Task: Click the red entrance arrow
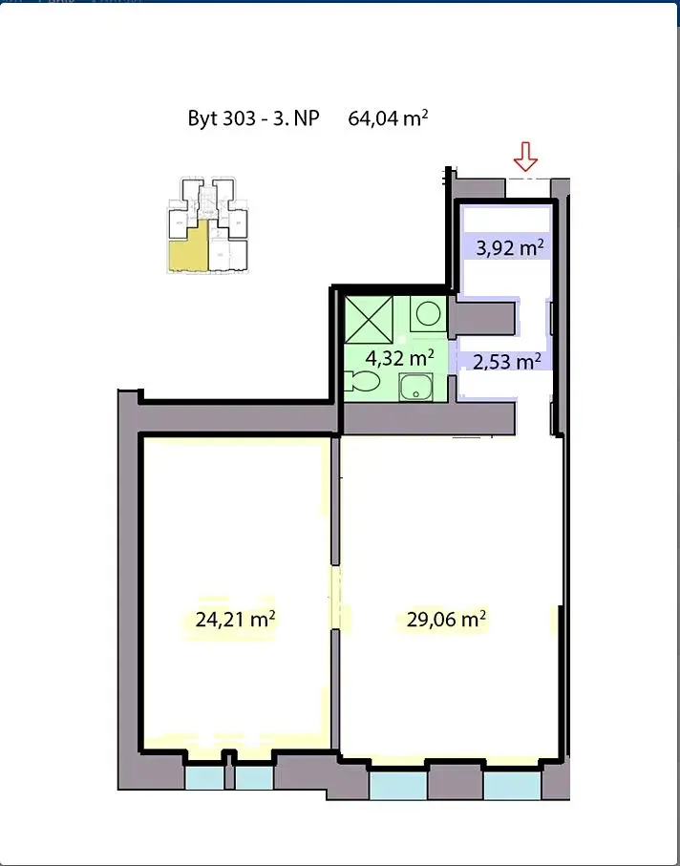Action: click(x=525, y=157)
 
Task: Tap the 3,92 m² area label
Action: click(x=510, y=248)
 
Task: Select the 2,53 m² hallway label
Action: click(x=506, y=362)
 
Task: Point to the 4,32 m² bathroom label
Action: click(x=399, y=358)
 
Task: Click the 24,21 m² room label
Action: click(x=235, y=619)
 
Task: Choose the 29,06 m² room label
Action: click(x=446, y=619)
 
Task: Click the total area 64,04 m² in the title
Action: click(x=389, y=118)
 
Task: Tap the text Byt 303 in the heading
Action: click(x=222, y=118)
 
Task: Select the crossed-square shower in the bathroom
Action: click(x=369, y=320)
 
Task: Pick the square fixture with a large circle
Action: click(x=428, y=314)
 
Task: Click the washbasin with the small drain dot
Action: click(x=415, y=387)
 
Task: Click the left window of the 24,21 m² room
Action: click(x=204, y=777)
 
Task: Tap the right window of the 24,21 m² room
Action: click(x=254, y=777)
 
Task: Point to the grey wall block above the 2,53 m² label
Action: click(x=484, y=318)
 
